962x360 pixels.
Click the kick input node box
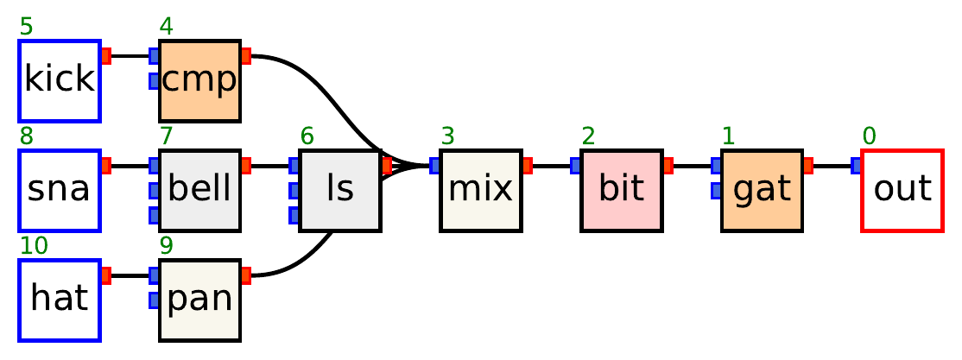[x=60, y=80]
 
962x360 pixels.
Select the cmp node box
[x=199, y=80]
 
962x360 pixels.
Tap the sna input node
[x=60, y=190]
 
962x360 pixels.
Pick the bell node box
[x=199, y=190]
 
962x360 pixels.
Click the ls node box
[x=340, y=190]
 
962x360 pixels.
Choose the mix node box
[x=481, y=190]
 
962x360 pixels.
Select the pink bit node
[x=622, y=190]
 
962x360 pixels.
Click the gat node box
[x=762, y=190]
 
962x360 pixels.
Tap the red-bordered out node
[x=902, y=190]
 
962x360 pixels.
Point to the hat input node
[x=60, y=300]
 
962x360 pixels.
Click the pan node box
[x=199, y=300]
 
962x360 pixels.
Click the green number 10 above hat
[x=34, y=246]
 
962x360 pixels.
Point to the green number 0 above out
[x=869, y=136]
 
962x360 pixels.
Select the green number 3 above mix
[x=447, y=136]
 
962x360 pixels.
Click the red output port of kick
[x=106, y=56]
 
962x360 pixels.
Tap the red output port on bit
[x=668, y=166]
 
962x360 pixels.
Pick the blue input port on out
[x=856, y=166]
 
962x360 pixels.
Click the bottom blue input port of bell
[x=155, y=214]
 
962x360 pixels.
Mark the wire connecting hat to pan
[x=130, y=275]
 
